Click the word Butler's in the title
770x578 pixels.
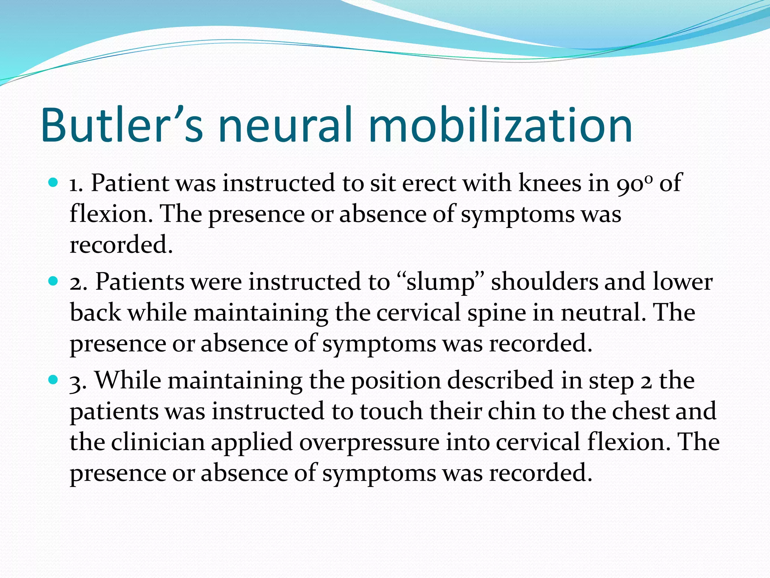point(122,125)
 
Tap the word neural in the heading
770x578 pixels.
point(285,125)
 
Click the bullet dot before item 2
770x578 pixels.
point(53,281)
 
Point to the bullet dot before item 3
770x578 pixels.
point(53,380)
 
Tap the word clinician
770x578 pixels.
point(158,442)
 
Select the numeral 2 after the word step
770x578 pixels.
point(646,381)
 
